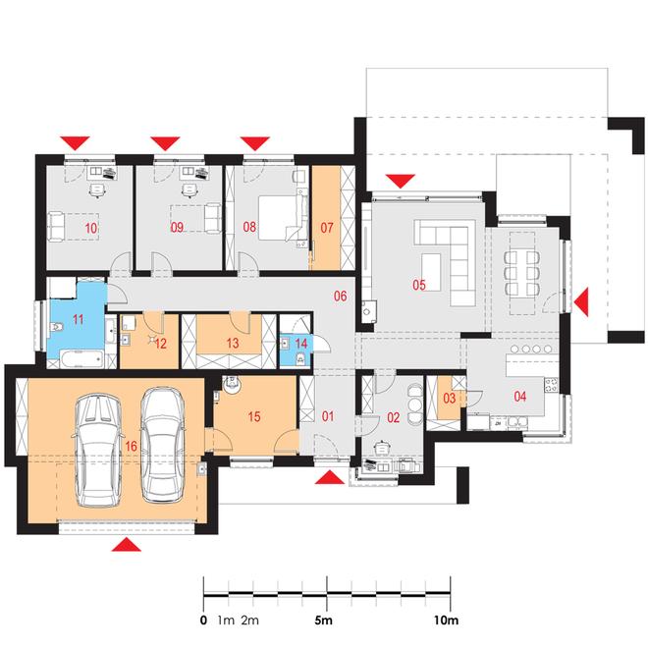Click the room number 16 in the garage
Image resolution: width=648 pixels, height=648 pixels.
coord(131,446)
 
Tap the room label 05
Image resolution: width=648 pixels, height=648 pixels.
coord(419,285)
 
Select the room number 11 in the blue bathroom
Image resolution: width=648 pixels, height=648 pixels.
coord(79,319)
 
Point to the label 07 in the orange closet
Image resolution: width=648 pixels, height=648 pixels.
coord(327,228)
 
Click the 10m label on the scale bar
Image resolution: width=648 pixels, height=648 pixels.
coord(446,621)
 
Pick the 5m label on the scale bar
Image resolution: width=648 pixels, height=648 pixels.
coord(324,621)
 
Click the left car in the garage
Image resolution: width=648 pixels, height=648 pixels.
coord(98,451)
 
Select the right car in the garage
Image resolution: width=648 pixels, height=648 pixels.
coord(163,444)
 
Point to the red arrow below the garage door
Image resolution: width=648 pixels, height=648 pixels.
coord(126,544)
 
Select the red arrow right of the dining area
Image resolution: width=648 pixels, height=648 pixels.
coord(582,303)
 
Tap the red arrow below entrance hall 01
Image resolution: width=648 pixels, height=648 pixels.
coord(330,478)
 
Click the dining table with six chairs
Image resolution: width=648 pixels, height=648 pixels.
coord(522,273)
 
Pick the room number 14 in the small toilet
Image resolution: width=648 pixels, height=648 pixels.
coord(301,344)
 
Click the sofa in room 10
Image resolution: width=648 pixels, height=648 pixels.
coord(55,226)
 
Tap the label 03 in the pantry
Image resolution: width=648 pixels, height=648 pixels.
coord(450,398)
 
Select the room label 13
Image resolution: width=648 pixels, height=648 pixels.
coord(233,343)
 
